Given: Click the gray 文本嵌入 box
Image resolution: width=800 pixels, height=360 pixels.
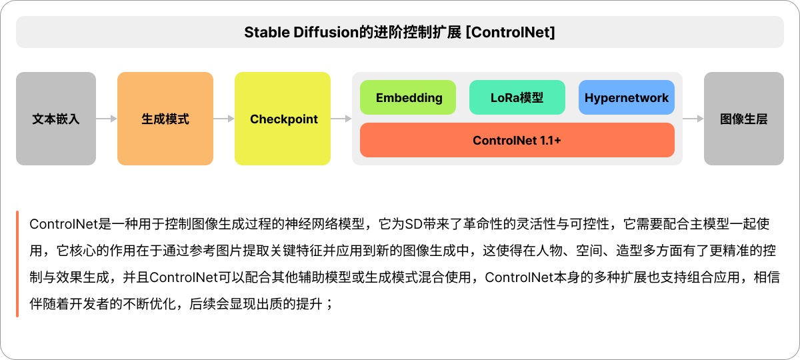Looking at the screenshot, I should (x=56, y=119).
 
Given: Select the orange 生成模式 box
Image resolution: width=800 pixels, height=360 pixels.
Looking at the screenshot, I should (x=165, y=119).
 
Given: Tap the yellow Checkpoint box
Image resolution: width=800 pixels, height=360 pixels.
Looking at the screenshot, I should (x=283, y=119).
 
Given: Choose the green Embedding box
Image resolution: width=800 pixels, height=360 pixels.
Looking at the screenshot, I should (x=408, y=97).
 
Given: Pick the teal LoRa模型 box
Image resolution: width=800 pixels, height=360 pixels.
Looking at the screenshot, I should (x=517, y=97).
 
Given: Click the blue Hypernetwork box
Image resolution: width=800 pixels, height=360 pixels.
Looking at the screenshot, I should (x=626, y=97).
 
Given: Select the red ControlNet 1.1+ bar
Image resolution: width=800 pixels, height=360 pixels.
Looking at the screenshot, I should (x=517, y=140).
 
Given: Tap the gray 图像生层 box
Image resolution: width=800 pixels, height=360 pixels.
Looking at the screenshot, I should (x=744, y=119).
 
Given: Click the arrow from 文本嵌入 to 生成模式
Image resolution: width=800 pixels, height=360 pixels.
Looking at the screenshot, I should (x=107, y=119).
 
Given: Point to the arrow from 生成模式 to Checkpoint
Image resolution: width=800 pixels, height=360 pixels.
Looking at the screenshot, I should (x=224, y=119).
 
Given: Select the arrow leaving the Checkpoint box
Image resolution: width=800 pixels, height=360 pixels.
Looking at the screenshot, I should (x=341, y=119).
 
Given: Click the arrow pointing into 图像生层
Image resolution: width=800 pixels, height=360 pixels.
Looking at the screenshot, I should (x=693, y=119).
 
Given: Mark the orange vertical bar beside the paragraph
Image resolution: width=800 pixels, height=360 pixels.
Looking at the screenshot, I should (x=17, y=264).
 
